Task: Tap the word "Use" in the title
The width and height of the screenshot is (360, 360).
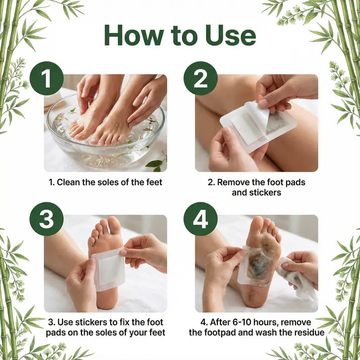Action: [x=229, y=35]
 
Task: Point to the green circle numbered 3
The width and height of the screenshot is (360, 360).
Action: [x=46, y=220]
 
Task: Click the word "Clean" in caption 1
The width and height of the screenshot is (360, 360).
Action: [x=68, y=182]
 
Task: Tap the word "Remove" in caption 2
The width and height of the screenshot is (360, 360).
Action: [x=232, y=182]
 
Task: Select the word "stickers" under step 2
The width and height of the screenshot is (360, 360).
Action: [x=264, y=192]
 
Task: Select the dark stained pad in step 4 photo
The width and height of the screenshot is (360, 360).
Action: [x=259, y=264]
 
